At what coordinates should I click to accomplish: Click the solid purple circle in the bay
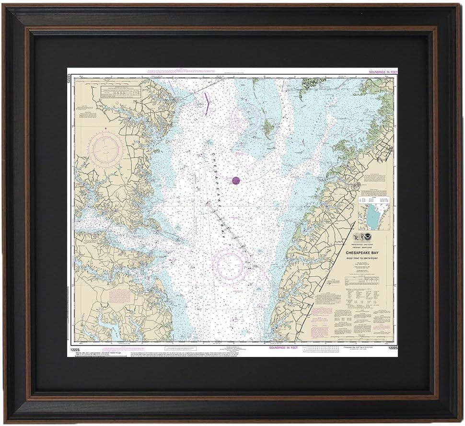236,180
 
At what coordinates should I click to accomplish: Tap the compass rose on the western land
105,150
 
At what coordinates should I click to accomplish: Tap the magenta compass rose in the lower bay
231,265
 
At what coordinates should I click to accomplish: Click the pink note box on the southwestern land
119,296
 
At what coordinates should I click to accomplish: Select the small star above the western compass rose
105,128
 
